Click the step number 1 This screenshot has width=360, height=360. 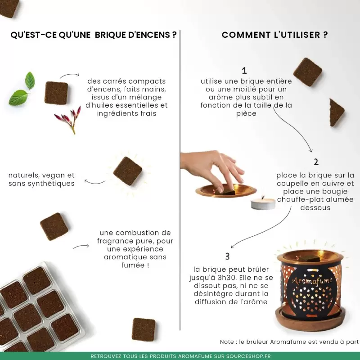[x=244, y=70]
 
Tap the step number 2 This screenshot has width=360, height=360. [x=316, y=162]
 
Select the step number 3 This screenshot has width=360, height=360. [x=227, y=256]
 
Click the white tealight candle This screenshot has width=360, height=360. [x=263, y=203]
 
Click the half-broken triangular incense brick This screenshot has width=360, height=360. [x=336, y=112]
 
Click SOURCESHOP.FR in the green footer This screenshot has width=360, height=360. [x=248, y=356]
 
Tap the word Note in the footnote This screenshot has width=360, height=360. [x=227, y=342]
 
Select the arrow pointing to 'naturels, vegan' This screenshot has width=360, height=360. [x=94, y=182]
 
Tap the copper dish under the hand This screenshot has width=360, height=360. [x=226, y=190]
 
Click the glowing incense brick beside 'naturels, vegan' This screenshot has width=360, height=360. [x=128, y=171]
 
